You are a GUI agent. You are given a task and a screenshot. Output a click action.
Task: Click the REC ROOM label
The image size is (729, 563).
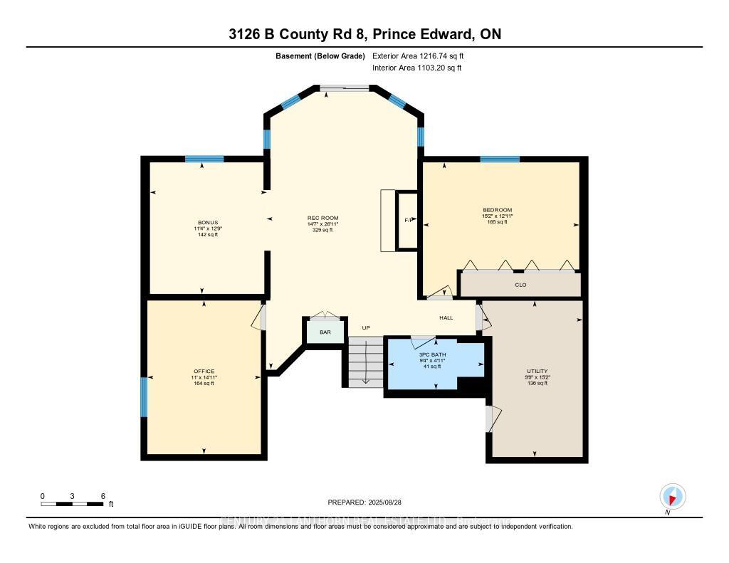point(322,218)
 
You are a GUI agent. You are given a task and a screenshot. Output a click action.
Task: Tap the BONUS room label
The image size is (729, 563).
point(208,222)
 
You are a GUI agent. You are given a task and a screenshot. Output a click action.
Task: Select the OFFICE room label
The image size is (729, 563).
point(204,371)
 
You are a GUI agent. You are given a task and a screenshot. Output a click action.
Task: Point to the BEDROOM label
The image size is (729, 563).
point(498,210)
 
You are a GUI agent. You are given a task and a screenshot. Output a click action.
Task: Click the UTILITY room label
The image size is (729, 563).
point(537,371)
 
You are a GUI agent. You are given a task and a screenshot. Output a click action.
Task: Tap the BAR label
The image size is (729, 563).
point(325,332)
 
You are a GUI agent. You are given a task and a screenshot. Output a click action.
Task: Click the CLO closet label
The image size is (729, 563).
point(520,285)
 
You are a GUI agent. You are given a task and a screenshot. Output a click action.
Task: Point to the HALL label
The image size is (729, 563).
point(446,318)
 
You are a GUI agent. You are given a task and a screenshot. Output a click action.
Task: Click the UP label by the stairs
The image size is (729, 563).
point(366,328)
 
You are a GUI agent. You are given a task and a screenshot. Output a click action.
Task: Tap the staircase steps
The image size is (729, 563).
point(365,362)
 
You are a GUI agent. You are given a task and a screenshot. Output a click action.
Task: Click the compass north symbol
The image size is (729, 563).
point(671,496)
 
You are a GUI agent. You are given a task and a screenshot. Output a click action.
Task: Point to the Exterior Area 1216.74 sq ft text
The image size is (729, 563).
point(418,56)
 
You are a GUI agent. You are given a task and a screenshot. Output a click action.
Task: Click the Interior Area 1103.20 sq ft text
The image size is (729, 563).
point(416,68)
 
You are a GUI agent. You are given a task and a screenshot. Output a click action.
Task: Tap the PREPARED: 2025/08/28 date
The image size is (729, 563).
point(364,503)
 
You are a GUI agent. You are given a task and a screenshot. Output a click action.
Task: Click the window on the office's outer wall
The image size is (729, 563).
point(144,397)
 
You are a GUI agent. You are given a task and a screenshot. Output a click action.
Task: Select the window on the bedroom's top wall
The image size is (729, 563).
point(500,159)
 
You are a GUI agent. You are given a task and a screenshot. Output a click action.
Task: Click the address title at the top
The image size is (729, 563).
point(364,35)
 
